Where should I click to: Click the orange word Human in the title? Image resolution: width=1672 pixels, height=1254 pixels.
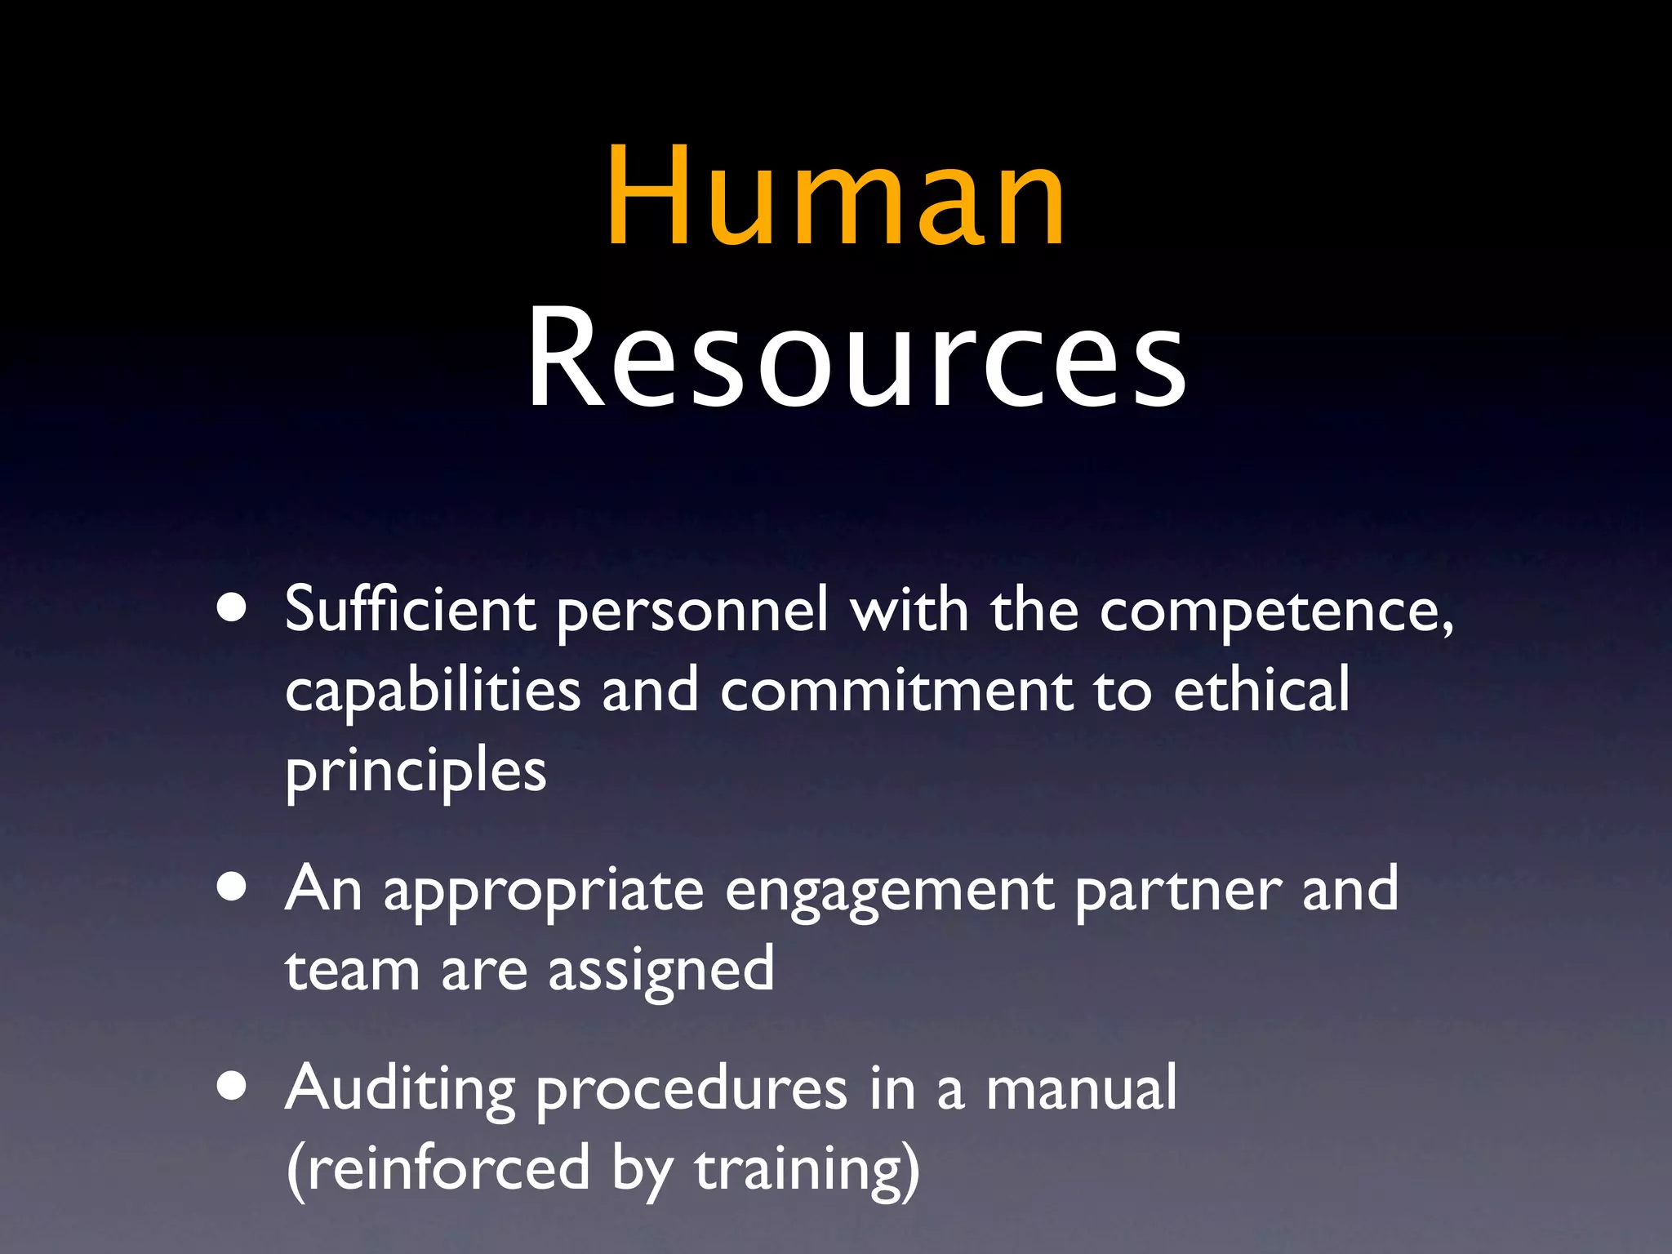pyautogui.click(x=835, y=196)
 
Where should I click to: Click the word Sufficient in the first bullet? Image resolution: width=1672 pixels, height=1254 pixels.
pyautogui.click(x=410, y=610)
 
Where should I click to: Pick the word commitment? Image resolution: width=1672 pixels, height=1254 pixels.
pyautogui.click(x=896, y=691)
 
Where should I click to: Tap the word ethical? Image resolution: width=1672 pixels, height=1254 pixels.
pyautogui.click(x=1261, y=689)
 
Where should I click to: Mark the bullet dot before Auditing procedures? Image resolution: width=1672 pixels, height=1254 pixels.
pyautogui.click(x=233, y=1087)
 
